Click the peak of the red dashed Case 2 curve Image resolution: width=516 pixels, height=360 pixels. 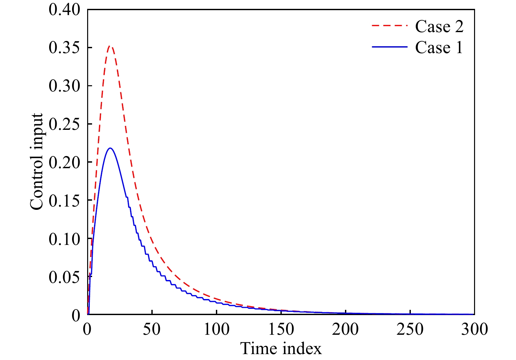110,47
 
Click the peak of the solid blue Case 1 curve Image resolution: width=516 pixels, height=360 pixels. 110,148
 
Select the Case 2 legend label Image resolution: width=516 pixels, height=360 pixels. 439,27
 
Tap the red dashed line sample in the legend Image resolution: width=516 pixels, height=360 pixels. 390,26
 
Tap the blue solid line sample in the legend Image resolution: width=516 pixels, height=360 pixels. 390,47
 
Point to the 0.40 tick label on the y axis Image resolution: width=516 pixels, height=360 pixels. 64,10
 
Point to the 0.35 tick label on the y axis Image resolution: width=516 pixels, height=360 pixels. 64,48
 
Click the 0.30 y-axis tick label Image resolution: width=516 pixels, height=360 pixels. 64,86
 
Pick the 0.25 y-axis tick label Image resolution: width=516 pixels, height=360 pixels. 64,124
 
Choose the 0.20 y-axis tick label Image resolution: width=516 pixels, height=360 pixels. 64,162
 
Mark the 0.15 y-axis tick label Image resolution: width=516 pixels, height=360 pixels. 64,200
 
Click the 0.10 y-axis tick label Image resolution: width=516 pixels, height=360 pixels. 64,239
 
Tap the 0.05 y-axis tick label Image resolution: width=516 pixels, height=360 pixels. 64,277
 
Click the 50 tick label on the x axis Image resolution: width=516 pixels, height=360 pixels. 152,329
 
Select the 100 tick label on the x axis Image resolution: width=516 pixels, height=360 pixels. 216,329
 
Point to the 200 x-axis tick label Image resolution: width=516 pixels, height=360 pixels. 345,329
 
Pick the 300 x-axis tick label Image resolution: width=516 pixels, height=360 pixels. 474,329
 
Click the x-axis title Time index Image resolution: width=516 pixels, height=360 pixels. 281,349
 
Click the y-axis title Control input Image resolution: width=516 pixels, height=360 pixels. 36,162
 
